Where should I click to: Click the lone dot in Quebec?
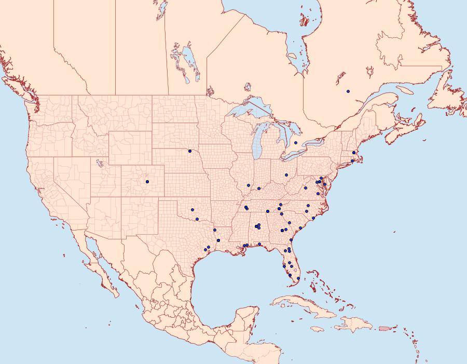348,91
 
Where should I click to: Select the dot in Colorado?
147,182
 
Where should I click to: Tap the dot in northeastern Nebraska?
190,151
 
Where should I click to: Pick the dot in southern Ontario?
295,143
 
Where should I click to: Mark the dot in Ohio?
286,175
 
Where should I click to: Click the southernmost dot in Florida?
298,278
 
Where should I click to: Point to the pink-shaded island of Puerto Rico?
384,328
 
